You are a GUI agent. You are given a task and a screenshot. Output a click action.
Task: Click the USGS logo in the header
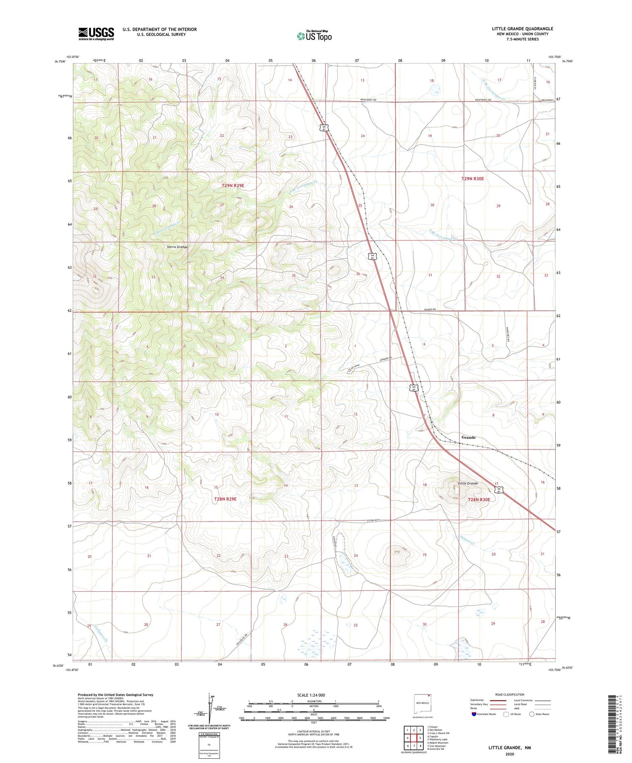click(96, 34)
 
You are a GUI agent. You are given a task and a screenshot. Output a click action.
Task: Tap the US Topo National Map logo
click(314, 36)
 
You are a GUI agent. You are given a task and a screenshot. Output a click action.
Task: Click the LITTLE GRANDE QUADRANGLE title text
click(522, 29)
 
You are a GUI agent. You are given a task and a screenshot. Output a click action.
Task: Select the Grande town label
click(468, 437)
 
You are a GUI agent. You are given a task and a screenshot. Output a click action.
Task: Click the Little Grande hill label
click(468, 483)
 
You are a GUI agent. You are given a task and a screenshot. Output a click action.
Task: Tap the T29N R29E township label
click(233, 185)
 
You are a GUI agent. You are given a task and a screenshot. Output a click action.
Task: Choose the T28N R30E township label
click(479, 500)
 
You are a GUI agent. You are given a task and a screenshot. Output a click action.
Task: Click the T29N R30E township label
click(473, 178)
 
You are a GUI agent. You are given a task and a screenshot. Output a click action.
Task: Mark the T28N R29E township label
click(225, 499)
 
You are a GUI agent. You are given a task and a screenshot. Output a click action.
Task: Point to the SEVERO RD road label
click(430, 309)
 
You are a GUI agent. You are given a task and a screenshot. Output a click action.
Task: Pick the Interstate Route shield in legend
click(474, 714)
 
